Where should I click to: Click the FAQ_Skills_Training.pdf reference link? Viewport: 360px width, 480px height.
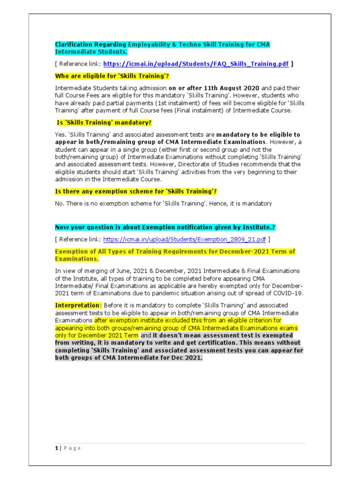pos(195,64)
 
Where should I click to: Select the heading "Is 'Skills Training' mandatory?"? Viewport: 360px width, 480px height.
pos(104,123)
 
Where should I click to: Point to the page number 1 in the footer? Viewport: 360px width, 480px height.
pos(56,448)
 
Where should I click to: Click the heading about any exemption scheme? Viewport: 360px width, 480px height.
pos(136,192)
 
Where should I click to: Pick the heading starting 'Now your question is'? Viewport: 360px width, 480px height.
pos(165,227)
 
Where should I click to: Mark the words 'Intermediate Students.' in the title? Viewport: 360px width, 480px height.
pos(91,52)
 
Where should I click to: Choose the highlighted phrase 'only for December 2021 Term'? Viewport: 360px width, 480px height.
pos(97,336)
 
